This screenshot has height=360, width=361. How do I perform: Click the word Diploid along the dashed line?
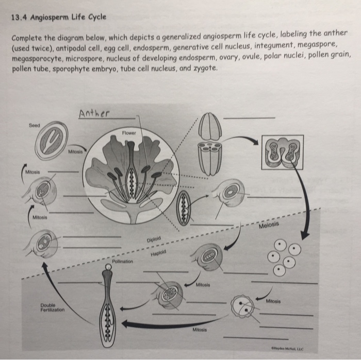pos(154,239)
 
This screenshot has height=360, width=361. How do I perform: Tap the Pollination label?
pos(123,262)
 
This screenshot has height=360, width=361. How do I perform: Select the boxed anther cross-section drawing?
pos(282,153)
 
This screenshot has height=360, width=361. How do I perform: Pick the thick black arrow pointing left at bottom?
pos(165,324)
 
